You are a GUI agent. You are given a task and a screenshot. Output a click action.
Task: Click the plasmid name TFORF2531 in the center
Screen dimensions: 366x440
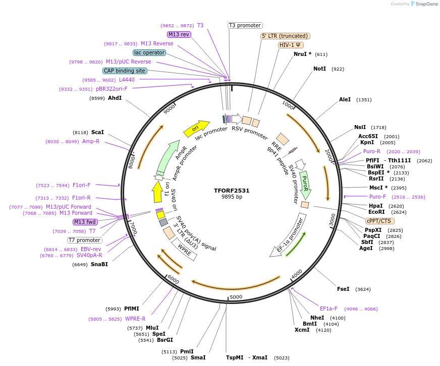tap(232, 191)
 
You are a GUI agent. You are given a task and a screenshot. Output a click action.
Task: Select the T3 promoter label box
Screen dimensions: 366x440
tap(245, 25)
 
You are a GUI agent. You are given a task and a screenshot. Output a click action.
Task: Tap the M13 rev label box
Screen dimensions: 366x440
tap(179, 34)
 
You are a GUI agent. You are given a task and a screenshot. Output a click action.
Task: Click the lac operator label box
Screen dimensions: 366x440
tap(149, 52)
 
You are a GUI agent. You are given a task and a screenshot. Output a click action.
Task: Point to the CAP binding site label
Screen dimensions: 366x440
tap(125, 71)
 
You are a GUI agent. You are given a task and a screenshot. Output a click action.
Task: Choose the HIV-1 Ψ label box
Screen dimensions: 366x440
tap(291, 45)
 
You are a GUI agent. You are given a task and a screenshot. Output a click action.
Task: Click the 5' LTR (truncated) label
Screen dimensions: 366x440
tap(285, 36)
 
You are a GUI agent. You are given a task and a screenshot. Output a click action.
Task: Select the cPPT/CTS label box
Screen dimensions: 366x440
tap(380, 221)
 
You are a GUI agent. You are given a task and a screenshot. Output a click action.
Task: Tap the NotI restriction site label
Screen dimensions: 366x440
tap(319, 69)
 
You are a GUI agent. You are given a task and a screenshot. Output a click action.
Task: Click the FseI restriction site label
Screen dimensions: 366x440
tap(343, 289)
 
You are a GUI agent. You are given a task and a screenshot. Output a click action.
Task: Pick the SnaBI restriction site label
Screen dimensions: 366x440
tap(99, 264)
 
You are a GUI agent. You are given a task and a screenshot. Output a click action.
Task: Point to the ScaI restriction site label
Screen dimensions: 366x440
tap(97, 132)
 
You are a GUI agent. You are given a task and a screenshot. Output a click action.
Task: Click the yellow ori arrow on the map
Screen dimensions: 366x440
tap(197, 129)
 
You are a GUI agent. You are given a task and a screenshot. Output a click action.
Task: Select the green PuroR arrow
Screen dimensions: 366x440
tap(305, 185)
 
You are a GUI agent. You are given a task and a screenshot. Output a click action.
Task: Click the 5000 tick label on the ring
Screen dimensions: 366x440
tap(236, 297)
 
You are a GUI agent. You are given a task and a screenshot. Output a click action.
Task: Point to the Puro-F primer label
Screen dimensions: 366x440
tap(377, 197)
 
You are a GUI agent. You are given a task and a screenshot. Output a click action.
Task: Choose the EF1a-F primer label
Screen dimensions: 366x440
tap(328, 309)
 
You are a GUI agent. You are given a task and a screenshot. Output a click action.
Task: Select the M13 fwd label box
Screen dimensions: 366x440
tap(85, 222)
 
